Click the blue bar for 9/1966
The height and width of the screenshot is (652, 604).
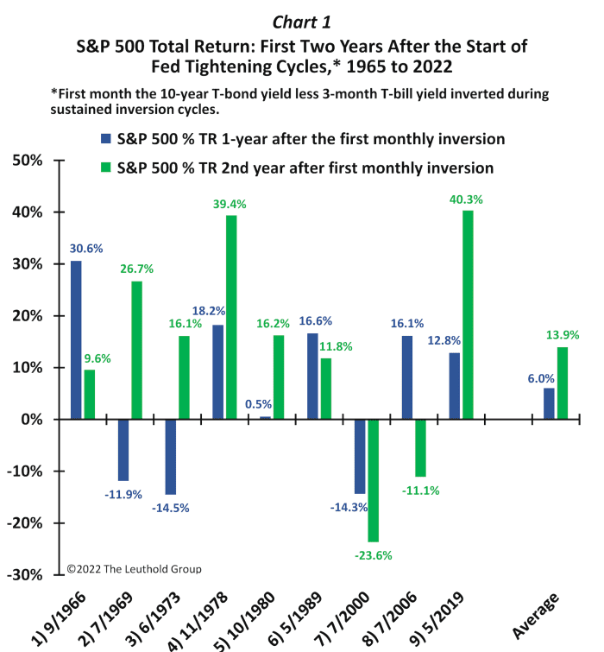tap(76, 339)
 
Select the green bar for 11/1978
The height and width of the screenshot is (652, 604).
tap(231, 317)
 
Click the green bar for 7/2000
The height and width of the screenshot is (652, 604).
tap(374, 480)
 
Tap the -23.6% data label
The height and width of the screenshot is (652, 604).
tap(372, 554)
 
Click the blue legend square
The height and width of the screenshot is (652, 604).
tap(106, 138)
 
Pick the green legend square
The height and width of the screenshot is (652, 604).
tap(106, 167)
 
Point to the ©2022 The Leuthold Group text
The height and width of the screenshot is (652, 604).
tap(134, 568)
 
